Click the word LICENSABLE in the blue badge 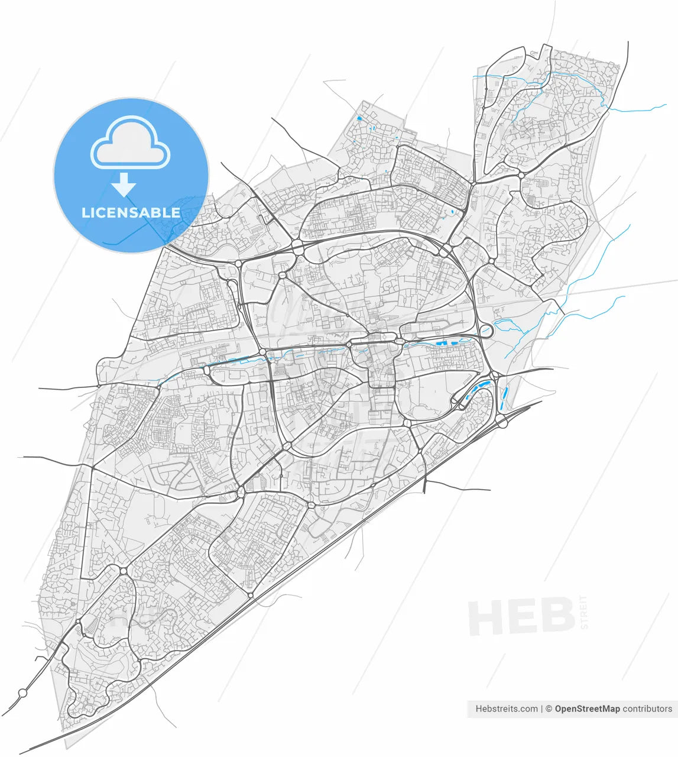[x=131, y=212]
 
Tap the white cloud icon [x=130, y=143]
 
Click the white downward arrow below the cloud [x=124, y=185]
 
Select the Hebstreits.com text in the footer [x=507, y=709]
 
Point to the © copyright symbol [x=549, y=709]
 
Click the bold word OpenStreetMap [x=587, y=709]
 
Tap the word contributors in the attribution [x=647, y=709]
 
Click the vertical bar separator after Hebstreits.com [x=542, y=709]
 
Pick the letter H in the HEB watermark [x=485, y=617]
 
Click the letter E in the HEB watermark [x=522, y=617]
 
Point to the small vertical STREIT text [x=585, y=612]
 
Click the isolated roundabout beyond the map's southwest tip [x=23, y=693]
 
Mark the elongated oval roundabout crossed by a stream [x=486, y=331]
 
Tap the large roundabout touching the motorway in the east [x=501, y=422]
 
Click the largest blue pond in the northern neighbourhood [x=359, y=118]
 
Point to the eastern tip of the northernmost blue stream [x=666, y=106]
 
